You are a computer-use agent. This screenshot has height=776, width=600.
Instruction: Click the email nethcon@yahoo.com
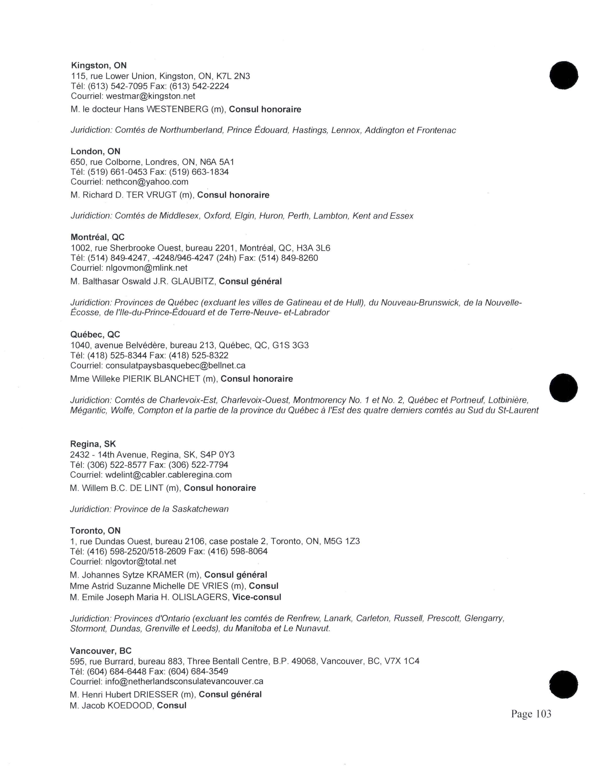click(x=147, y=182)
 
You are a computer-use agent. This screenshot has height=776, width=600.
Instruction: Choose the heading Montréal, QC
click(x=97, y=237)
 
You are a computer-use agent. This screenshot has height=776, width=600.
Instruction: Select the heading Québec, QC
click(x=95, y=334)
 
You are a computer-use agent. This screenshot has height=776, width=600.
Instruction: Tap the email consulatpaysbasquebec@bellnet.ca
click(x=175, y=365)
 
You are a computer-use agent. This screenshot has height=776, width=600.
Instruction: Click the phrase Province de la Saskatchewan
click(x=171, y=509)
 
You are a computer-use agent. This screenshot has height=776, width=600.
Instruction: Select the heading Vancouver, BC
click(x=101, y=651)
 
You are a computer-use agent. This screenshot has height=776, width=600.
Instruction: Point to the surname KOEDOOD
click(x=129, y=705)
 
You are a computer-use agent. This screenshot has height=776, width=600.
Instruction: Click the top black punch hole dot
click(x=564, y=75)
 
